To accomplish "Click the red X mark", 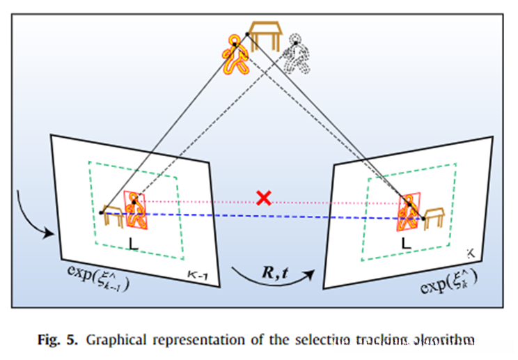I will pyautogui.click(x=263, y=198).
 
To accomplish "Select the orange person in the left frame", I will pyautogui.click(x=137, y=210).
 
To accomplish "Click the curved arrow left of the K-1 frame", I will pyautogui.click(x=38, y=212).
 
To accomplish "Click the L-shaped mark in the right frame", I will pyautogui.click(x=406, y=243).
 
